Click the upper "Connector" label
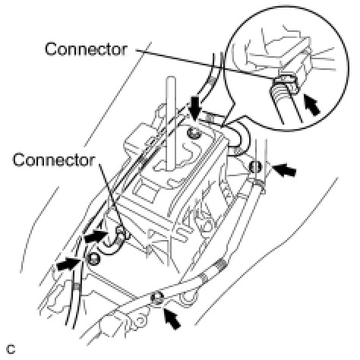tap(86, 49)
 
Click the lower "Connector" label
tap(53, 160)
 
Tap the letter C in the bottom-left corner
tap(11, 349)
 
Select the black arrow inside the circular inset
tap(311, 104)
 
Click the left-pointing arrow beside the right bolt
tap(284, 169)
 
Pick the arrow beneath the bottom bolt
tap(172, 317)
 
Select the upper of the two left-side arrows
tap(96, 236)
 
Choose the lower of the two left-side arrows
tap(68, 264)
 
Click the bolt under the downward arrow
tap(193, 132)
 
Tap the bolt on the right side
tap(255, 167)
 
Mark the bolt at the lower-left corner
tap(93, 259)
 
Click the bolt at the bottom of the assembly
tap(157, 298)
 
